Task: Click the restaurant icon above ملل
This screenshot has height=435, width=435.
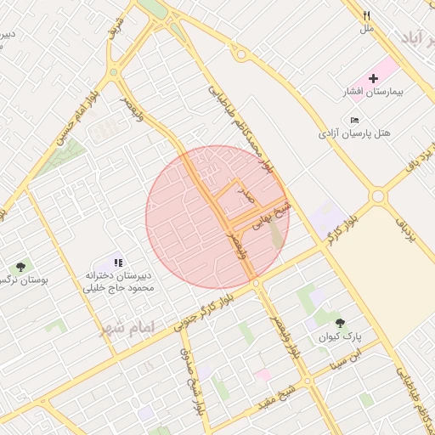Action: [367, 15]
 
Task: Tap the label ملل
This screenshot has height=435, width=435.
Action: [367, 29]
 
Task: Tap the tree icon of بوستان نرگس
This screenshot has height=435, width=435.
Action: [20, 266]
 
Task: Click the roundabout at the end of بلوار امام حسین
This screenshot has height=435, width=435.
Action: [114, 73]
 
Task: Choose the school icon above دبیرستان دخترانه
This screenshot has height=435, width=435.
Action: [119, 263]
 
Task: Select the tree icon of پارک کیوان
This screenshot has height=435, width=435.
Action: [340, 323]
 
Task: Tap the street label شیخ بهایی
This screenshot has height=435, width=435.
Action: [277, 212]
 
